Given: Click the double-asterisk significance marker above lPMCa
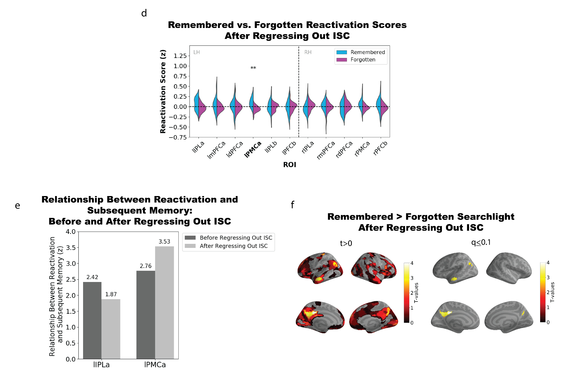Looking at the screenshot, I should tap(253, 68).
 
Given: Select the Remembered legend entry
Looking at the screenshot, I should tap(361, 52).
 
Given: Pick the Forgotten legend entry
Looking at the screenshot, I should tap(356, 59).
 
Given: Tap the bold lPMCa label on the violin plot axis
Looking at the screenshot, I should tap(253, 149).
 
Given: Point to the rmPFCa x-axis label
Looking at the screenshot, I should tap(326, 150).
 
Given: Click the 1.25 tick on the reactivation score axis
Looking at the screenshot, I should tap(180, 56).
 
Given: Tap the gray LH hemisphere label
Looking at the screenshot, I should tap(196, 52).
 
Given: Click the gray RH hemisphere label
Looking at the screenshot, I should tap(308, 52).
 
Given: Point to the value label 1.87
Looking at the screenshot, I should tap(111, 294).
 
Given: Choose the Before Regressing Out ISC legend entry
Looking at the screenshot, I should tap(229, 238).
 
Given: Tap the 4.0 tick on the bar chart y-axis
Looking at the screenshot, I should tap(71, 232).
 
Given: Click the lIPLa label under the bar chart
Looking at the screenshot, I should tap(101, 365).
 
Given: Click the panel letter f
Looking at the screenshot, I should tap(292, 205).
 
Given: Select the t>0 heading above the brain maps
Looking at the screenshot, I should tap(346, 243).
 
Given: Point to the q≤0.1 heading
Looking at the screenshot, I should tap(481, 242).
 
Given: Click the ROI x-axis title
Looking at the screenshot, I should tap(289, 165).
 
